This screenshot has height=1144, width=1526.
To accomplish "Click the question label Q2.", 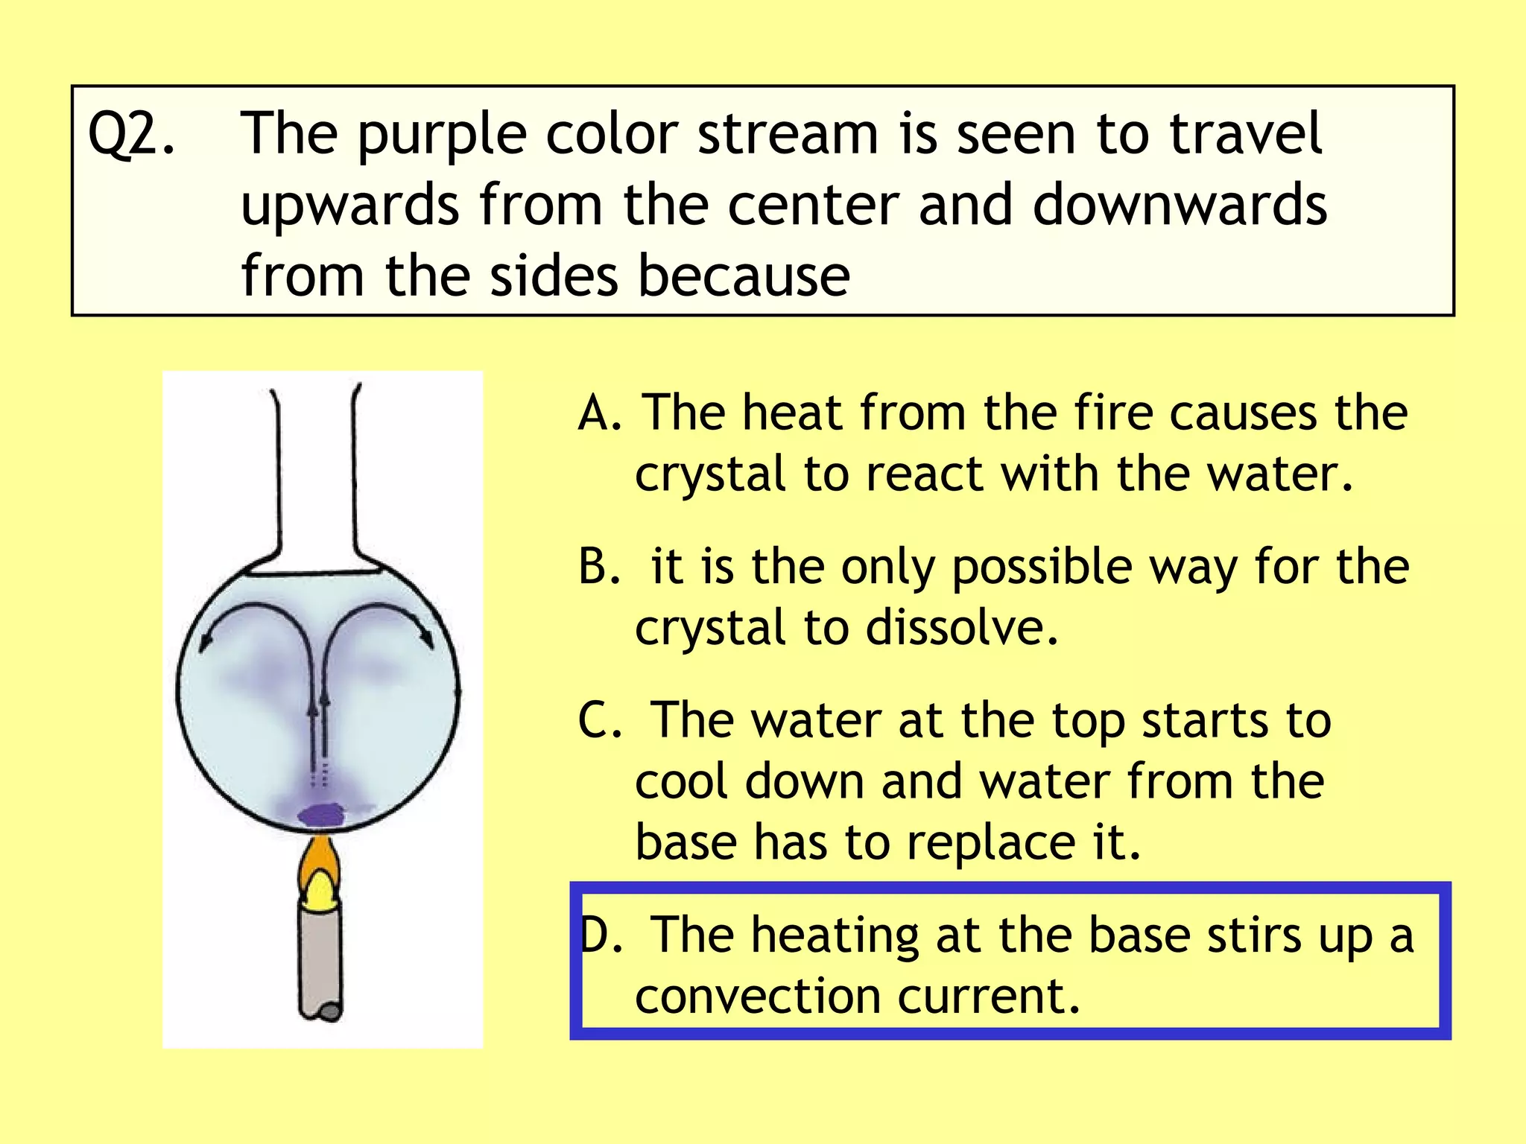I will pos(131,135).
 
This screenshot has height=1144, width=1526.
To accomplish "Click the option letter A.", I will pos(598,413).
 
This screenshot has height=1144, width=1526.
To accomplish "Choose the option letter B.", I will pos(598,567).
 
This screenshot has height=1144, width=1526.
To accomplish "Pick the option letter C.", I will pos(598,720).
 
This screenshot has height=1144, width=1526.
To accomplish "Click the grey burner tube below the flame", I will pos(320,961).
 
